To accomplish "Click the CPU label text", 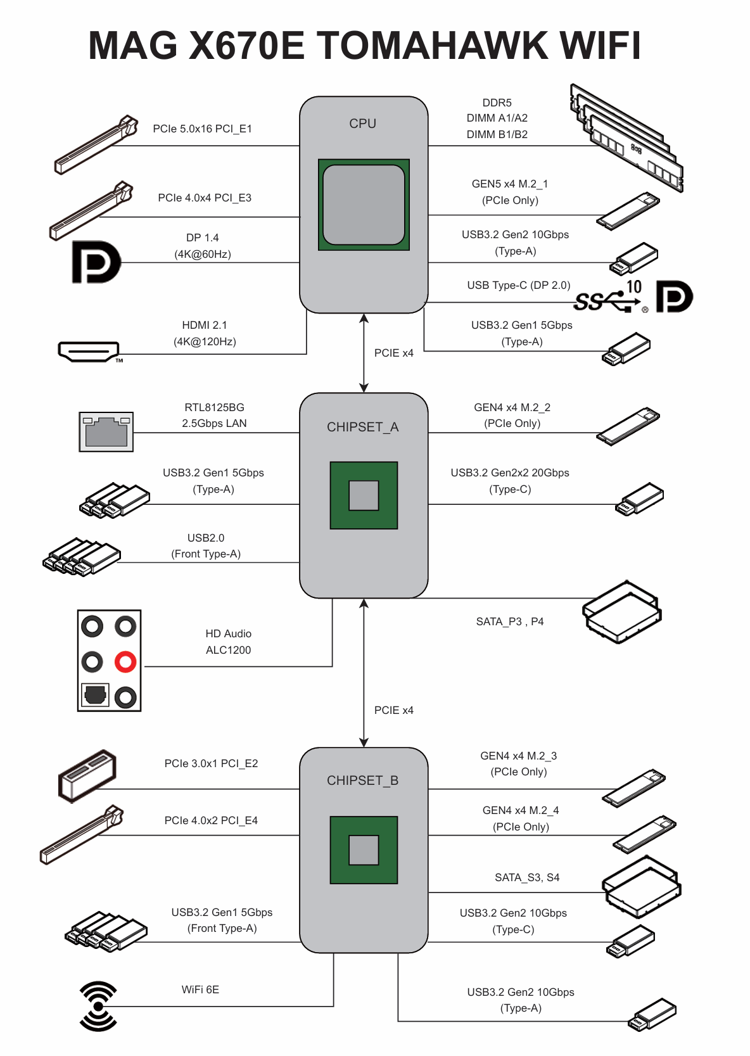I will tap(363, 124).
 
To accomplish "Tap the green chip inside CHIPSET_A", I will tap(364, 495).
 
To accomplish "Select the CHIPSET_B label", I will tap(363, 780).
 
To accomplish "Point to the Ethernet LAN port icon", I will tap(106, 431).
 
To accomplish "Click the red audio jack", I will tap(125, 662).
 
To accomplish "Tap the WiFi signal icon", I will tap(98, 1006).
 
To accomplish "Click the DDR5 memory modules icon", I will tap(627, 137).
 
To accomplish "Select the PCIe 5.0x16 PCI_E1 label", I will tap(203, 129).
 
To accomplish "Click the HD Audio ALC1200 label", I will tap(228, 642).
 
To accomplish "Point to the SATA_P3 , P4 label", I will tap(510, 621).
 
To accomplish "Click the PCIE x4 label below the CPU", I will tap(393, 353).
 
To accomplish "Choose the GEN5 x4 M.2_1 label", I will tap(510, 184).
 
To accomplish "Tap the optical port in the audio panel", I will tap(95, 695).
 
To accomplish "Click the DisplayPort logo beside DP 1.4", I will tap(96, 262).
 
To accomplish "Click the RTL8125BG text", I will tap(214, 407).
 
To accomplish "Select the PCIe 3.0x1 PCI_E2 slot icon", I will tap(87, 775).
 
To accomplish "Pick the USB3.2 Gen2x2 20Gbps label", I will tap(510, 473).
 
